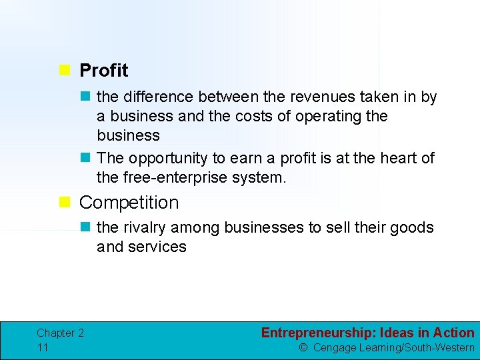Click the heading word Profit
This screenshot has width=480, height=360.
point(103,70)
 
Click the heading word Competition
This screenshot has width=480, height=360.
point(129,202)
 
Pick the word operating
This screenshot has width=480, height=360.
point(323,117)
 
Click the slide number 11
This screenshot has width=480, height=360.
point(43,347)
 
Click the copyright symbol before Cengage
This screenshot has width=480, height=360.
point(303,348)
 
